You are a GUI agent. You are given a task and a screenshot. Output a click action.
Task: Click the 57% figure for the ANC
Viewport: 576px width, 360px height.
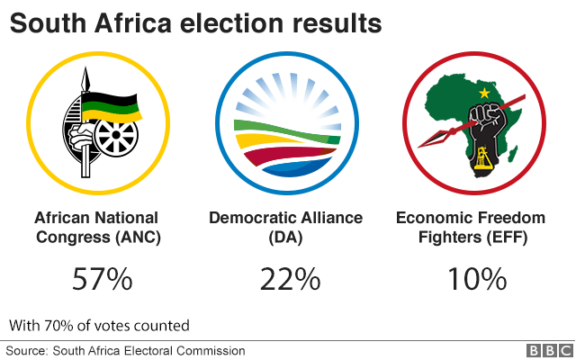102,279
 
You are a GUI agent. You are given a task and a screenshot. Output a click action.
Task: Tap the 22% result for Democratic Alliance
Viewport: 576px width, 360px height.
290,279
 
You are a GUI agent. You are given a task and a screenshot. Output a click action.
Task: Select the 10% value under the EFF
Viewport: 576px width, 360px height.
477,279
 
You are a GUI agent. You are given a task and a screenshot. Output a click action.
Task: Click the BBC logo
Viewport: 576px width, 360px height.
547,350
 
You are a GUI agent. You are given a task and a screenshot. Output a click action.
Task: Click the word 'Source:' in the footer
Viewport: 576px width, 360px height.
27,350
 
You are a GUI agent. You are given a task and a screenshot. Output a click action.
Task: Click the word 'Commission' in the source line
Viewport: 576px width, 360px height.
211,350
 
